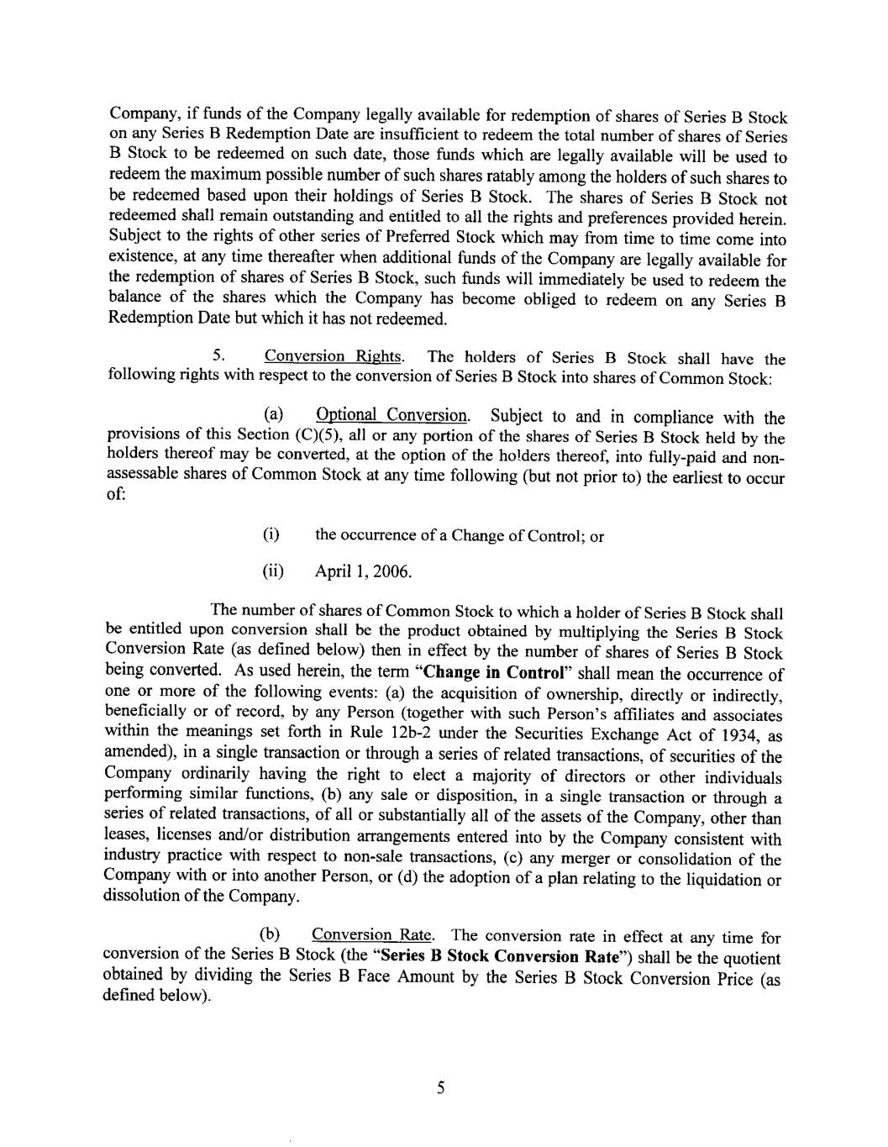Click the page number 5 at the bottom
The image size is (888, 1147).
[x=439, y=1089]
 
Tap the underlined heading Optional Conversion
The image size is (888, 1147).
[x=392, y=415]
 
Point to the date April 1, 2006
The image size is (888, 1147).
[x=363, y=573]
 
